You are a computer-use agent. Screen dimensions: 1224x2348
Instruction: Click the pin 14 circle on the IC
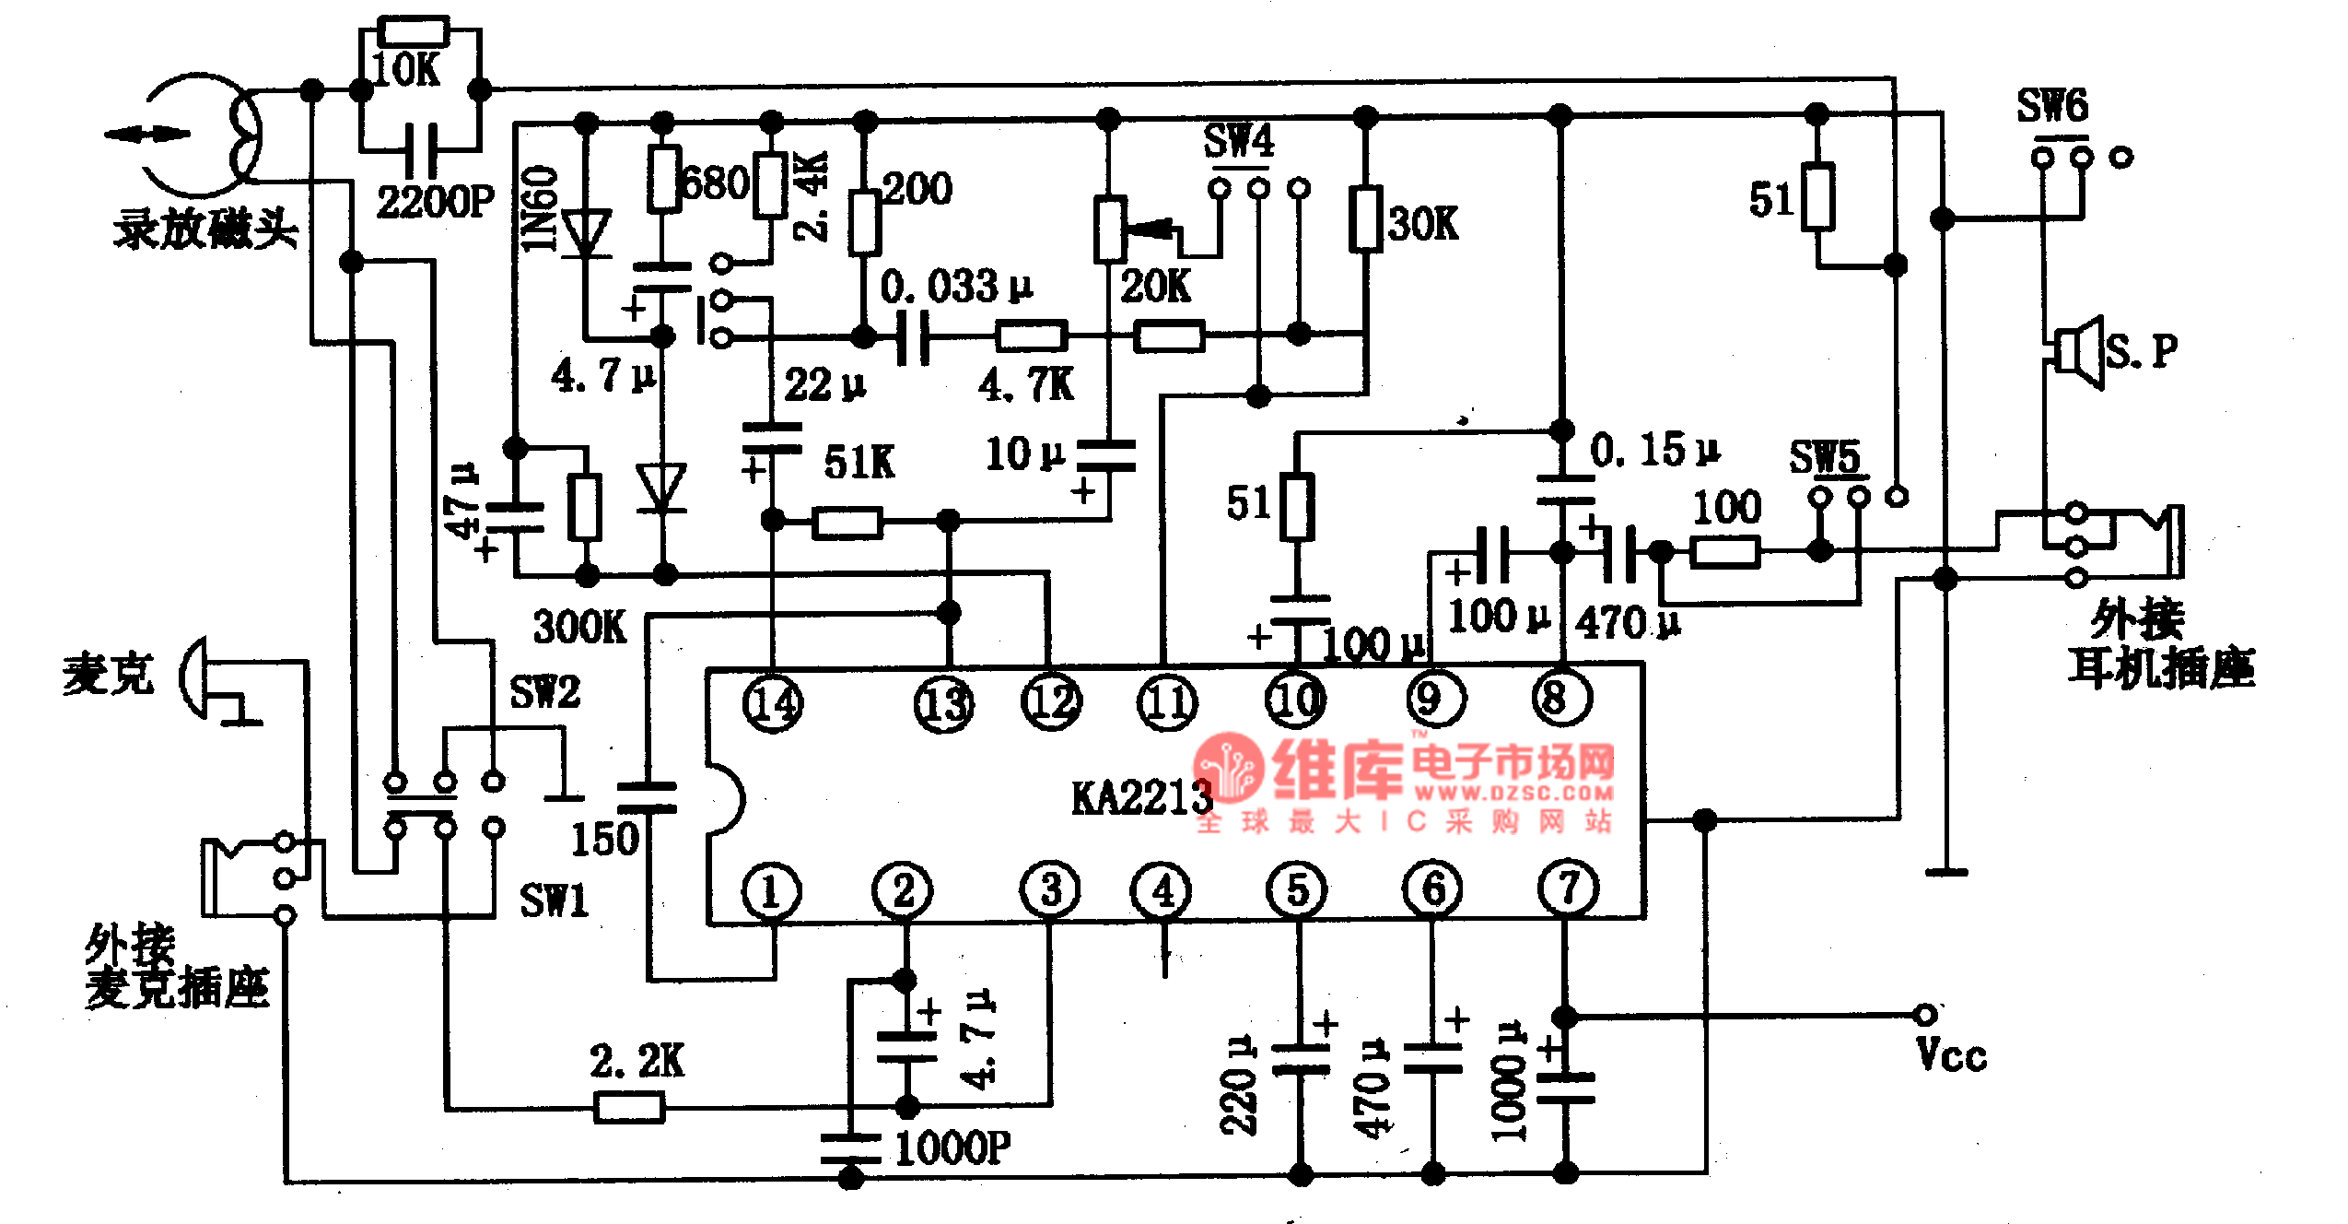tap(773, 704)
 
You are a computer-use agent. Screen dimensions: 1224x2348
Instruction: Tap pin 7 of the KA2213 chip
tap(1568, 889)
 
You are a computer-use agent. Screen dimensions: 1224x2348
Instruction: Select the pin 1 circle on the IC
tap(771, 891)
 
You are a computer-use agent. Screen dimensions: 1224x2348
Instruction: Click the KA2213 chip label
tap(1141, 798)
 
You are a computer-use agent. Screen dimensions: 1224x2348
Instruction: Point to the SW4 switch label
tap(1239, 142)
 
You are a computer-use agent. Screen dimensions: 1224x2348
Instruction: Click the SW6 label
tap(2052, 106)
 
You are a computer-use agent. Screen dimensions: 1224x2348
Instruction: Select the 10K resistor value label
tap(406, 69)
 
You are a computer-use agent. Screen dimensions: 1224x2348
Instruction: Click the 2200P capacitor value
tap(436, 201)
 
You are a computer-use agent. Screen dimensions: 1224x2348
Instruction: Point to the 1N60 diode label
tap(540, 209)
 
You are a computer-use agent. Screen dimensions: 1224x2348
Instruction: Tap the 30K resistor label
tap(1423, 223)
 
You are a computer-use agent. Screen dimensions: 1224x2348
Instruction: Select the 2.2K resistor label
tap(637, 1061)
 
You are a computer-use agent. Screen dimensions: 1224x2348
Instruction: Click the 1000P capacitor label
tap(952, 1148)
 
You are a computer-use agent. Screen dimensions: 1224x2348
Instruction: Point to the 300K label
tap(580, 627)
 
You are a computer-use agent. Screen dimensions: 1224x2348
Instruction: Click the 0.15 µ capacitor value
tap(1654, 451)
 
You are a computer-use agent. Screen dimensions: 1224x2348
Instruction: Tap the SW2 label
tap(545, 691)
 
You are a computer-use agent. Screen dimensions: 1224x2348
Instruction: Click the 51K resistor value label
tap(859, 463)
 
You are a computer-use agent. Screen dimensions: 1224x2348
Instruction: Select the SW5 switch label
tap(1825, 457)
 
